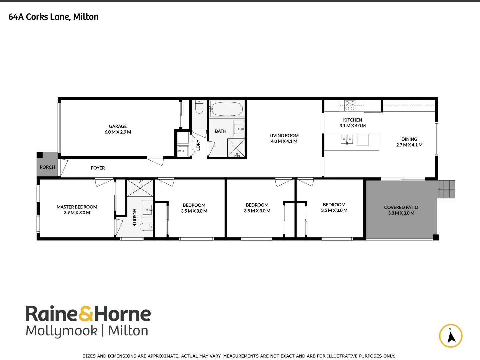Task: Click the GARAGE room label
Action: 118,126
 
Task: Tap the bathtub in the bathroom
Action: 227,109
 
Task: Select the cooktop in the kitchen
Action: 350,106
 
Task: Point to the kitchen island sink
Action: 347,139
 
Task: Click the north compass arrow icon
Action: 451,336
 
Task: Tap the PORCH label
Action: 47,167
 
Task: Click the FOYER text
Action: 98,168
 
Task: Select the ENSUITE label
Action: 134,217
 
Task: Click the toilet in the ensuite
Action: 146,227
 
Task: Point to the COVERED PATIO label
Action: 401,207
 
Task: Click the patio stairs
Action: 447,189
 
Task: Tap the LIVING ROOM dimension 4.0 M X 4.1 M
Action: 284,141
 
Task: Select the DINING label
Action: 409,139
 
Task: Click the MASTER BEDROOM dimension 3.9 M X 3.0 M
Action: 77,213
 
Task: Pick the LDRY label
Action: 198,145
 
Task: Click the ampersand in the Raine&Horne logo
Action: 86,314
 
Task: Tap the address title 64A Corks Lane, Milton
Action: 53,17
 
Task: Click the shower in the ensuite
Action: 140,188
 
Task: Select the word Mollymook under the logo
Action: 62,331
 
